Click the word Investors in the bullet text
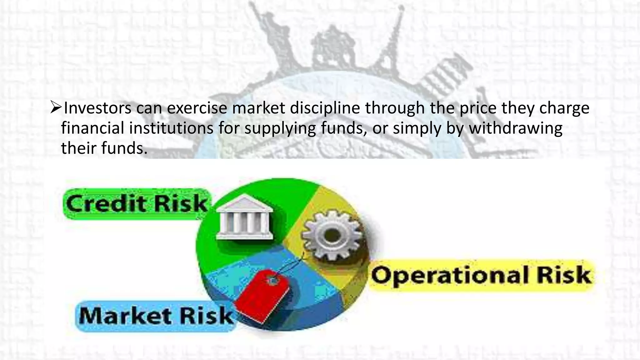pos(97,108)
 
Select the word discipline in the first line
pos(325,108)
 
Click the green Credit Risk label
pos(137,204)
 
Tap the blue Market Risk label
pos(156,316)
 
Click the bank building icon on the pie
pos(244,217)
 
